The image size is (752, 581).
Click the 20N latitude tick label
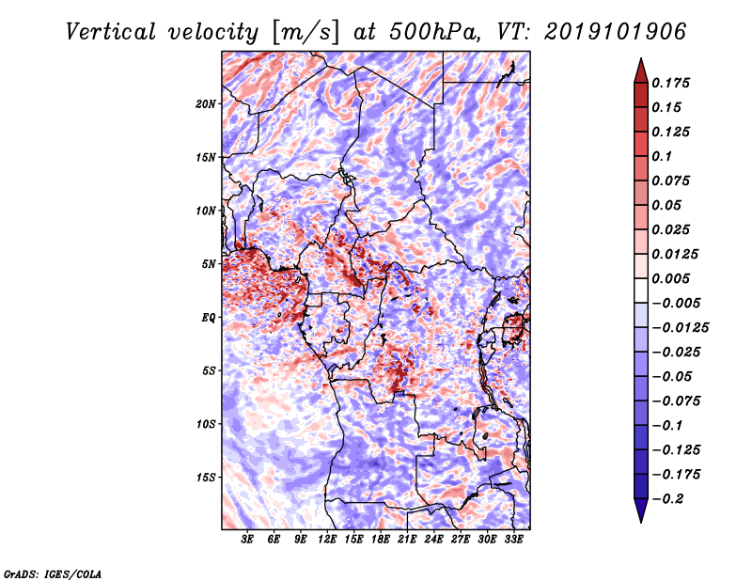click(206, 103)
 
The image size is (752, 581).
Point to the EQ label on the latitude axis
click(209, 318)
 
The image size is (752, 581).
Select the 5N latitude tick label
click(209, 264)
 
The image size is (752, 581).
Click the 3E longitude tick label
click(247, 539)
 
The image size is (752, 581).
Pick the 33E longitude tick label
click(513, 539)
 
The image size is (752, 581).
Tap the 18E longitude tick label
click(381, 539)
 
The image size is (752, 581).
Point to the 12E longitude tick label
click(327, 539)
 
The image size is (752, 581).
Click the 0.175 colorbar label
click(670, 83)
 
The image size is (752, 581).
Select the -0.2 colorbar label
click(667, 498)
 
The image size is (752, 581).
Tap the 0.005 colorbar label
click(670, 278)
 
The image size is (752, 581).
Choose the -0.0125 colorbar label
click(680, 327)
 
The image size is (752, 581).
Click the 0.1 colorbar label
click(662, 156)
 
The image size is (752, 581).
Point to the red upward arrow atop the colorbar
click(641, 71)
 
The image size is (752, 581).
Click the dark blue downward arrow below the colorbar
click(641, 510)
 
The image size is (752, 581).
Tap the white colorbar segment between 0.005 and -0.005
click(641, 290)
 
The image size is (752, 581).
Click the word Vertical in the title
click(111, 32)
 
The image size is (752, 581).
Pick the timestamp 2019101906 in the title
click(616, 32)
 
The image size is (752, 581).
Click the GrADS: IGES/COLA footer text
click(53, 573)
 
